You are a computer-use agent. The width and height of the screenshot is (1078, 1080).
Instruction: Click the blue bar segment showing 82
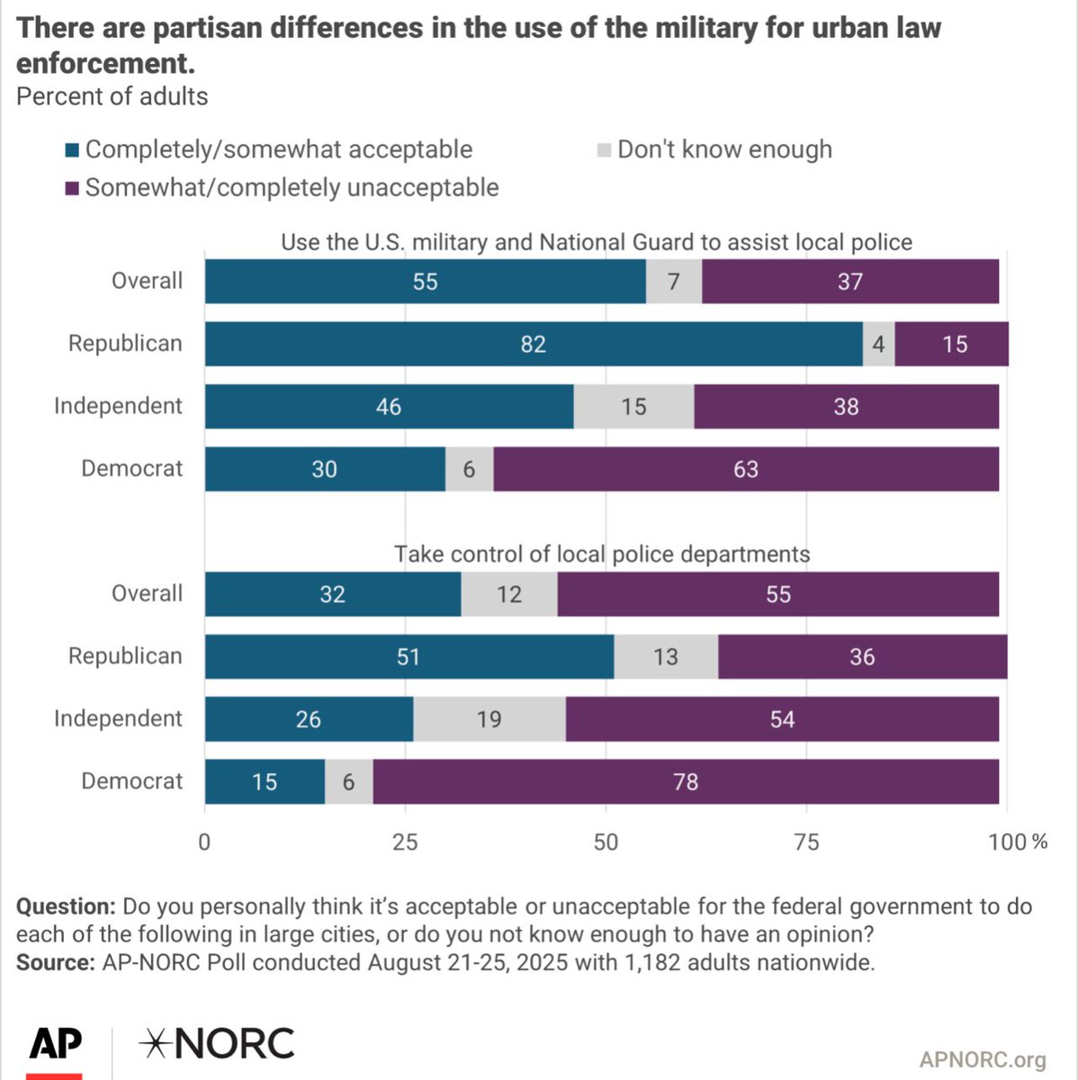[x=533, y=344]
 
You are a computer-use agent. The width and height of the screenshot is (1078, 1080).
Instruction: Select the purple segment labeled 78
[x=686, y=781]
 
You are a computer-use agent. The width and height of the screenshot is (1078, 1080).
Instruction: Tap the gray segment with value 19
[x=489, y=719]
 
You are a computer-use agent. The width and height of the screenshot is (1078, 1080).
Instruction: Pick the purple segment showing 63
[x=745, y=469]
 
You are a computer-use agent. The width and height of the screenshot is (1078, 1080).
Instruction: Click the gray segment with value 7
[x=673, y=282]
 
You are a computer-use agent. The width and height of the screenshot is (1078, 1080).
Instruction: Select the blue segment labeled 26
[x=309, y=719]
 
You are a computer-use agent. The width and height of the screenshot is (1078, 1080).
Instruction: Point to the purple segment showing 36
[x=861, y=657]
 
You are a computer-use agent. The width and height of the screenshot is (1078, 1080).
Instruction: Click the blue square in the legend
[x=72, y=150]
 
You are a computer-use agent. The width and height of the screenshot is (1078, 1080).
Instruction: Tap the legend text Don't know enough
[x=724, y=149]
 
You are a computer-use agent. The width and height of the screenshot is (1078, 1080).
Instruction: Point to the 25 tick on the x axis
[x=405, y=841]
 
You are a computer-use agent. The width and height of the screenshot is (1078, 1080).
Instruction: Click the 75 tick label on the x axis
[x=806, y=841]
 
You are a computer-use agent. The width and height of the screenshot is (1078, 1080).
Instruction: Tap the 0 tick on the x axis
[x=204, y=841]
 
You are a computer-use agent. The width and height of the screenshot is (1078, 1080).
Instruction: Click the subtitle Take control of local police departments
[x=601, y=553]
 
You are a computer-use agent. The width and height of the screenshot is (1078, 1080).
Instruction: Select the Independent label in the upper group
[x=118, y=406]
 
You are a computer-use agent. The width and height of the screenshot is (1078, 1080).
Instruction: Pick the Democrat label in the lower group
[x=131, y=781]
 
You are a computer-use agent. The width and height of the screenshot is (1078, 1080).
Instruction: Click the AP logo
[x=55, y=1046]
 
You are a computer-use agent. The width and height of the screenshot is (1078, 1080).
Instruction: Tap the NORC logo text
[x=217, y=1044]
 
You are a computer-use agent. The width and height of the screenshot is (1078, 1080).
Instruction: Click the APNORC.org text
[x=983, y=1059]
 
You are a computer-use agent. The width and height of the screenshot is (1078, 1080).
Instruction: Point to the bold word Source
[x=55, y=962]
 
